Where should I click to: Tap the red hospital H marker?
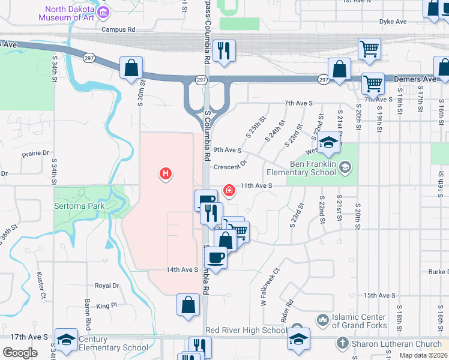tap(165, 175)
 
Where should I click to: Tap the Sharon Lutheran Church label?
tap(390, 344)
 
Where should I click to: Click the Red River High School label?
tap(246, 330)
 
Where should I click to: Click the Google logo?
tap(20, 352)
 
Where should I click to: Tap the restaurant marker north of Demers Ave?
tap(224, 50)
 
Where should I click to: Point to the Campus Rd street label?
tap(118, 29)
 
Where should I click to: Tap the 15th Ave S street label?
tap(379, 295)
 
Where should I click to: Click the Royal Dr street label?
tap(107, 286)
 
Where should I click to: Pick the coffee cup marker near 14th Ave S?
tap(215, 258)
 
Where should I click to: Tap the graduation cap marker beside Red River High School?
tap(298, 338)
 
